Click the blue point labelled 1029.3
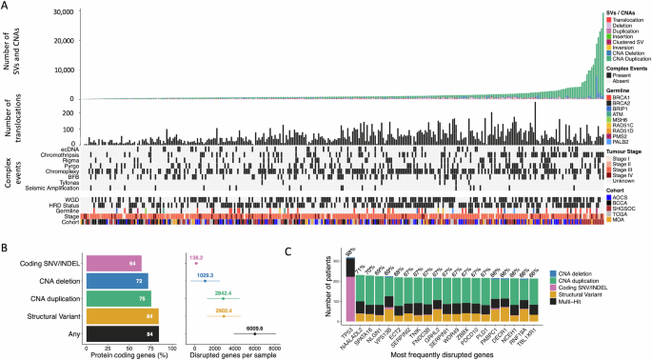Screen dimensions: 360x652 [x=205, y=281]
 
